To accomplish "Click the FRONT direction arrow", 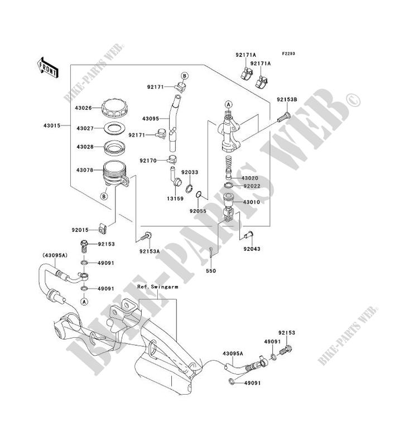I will point(48,65).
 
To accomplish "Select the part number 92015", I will point(80,229).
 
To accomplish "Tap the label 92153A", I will point(150,251).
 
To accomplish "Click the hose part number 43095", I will point(152,118).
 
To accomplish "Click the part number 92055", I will point(198,211).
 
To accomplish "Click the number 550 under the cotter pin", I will point(211,270).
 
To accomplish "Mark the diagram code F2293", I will point(288,54).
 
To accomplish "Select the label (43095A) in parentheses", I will point(53,256).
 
